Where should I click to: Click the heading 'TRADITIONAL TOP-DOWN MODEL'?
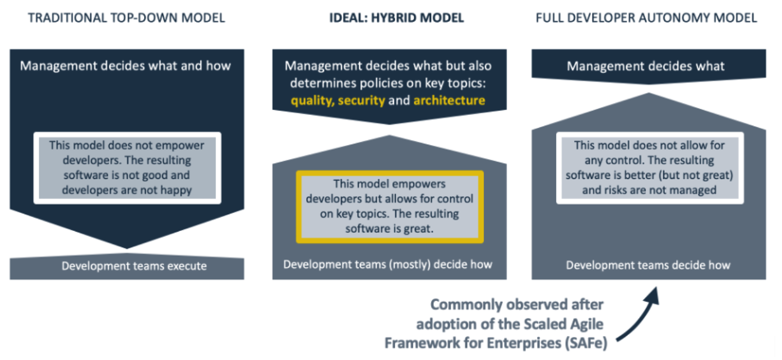(126, 18)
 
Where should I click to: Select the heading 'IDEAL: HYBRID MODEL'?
(396, 18)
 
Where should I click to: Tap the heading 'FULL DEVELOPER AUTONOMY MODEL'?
(646, 18)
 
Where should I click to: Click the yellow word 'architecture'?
(450, 100)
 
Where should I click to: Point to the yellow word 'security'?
(362, 100)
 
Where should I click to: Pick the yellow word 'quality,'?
(313, 101)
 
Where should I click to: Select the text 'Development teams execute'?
(134, 266)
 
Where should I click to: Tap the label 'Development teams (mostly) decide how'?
(388, 265)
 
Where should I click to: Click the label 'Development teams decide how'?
(648, 265)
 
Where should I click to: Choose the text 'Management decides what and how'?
(126, 66)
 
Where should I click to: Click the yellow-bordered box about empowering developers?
(390, 207)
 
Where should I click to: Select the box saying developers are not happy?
(127, 168)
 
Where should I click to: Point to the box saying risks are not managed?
(650, 168)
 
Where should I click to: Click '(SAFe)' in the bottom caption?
(586, 343)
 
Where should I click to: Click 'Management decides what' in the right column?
(645, 66)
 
